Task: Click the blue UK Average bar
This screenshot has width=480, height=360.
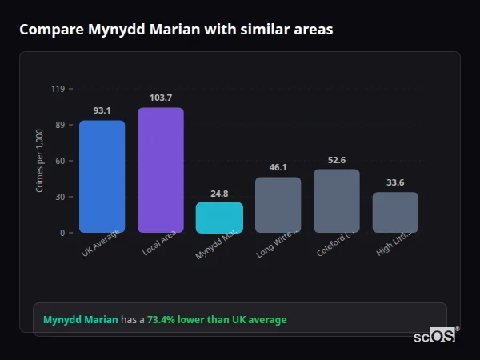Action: click(x=102, y=177)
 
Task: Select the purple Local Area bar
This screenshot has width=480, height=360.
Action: click(x=160, y=170)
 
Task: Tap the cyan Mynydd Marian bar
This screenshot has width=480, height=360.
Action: click(x=219, y=218)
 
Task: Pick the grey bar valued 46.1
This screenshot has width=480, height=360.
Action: click(x=278, y=205)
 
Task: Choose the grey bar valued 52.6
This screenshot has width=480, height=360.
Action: click(x=337, y=201)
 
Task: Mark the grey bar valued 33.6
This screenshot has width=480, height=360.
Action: click(x=395, y=213)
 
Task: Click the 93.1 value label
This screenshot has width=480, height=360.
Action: click(x=102, y=110)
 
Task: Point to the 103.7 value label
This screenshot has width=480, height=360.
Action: click(x=160, y=98)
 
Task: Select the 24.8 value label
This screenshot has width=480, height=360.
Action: click(x=219, y=193)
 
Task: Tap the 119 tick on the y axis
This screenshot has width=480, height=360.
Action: click(x=58, y=89)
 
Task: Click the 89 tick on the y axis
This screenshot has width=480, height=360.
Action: click(x=59, y=125)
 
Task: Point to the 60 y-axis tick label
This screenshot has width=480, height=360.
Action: click(x=59, y=161)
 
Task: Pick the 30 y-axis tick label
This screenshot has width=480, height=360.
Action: click(x=59, y=197)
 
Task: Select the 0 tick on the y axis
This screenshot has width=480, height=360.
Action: click(x=62, y=233)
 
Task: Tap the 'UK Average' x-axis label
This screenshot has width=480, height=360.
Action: click(x=101, y=243)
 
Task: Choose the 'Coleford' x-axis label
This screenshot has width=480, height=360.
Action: click(x=335, y=243)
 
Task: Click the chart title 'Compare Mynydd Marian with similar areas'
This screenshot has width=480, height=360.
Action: click(x=176, y=30)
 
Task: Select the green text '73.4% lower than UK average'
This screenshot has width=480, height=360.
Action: click(x=216, y=320)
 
